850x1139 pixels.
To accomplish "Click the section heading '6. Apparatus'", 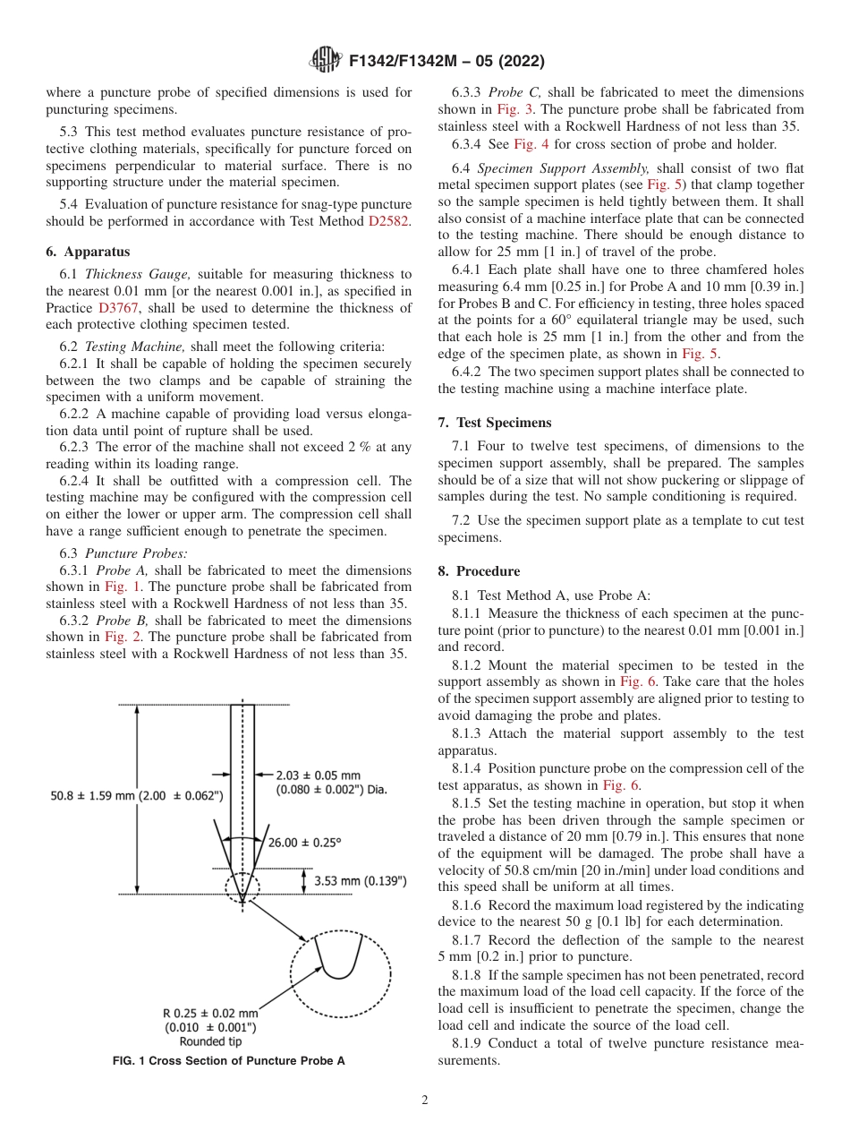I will point(87,253).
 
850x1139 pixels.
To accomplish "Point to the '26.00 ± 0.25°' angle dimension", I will point(305,842).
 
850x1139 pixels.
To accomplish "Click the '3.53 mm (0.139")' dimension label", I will point(361,881).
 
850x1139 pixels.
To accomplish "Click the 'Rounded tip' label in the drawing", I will point(210,1041).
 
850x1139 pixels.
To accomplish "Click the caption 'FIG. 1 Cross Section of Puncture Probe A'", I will point(228,1061).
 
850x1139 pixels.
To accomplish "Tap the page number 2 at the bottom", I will point(425,1100).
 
